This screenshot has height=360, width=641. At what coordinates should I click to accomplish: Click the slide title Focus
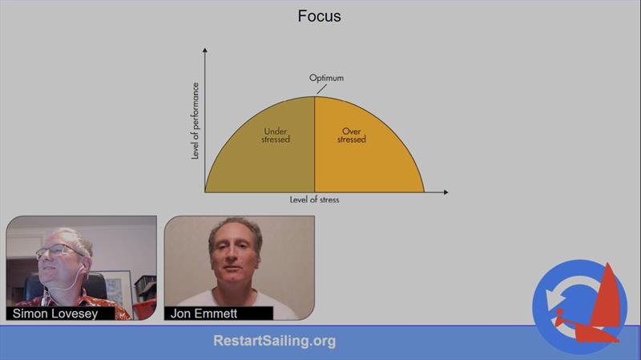point(319,16)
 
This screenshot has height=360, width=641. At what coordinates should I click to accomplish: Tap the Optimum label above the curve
point(326,78)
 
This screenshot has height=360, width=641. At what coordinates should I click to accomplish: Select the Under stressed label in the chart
point(276,136)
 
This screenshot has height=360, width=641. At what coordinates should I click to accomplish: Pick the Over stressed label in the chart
point(352,136)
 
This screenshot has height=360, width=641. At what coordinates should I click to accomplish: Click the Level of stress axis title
point(314,200)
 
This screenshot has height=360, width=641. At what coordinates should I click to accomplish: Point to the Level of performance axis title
point(196,121)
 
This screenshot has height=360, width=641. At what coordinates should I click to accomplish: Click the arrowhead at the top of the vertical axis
point(205,51)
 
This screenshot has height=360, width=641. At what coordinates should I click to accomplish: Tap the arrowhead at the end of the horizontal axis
point(446,192)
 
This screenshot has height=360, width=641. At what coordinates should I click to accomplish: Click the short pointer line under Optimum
point(322,89)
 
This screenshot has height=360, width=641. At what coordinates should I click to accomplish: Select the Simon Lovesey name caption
point(55,313)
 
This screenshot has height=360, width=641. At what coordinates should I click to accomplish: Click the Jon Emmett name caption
point(204,313)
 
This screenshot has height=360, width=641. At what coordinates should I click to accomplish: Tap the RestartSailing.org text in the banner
point(275,341)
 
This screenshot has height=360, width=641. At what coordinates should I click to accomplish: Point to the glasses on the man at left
point(57,251)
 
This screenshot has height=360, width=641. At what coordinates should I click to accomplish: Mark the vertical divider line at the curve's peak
point(314,144)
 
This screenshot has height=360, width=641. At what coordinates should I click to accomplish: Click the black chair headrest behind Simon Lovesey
point(96,285)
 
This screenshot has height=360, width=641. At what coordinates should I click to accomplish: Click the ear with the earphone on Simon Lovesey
point(84,267)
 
